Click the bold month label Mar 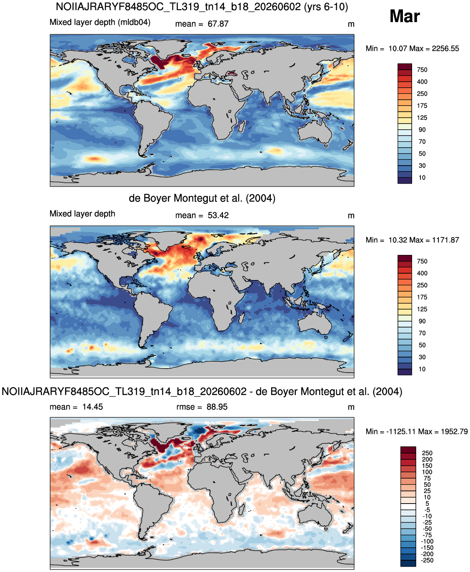(405, 16)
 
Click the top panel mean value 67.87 (218, 24)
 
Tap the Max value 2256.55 (445, 48)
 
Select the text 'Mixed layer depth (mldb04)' (100, 22)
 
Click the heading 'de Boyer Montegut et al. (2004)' (202, 198)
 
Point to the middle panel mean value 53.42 (218, 215)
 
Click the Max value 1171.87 (445, 240)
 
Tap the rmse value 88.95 (217, 407)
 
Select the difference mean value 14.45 (92, 407)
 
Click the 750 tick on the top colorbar (422, 70)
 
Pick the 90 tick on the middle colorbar (422, 321)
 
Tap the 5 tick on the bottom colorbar (427, 504)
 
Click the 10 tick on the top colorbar (422, 178)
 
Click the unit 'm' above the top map (351, 25)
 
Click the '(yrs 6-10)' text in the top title (326, 7)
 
